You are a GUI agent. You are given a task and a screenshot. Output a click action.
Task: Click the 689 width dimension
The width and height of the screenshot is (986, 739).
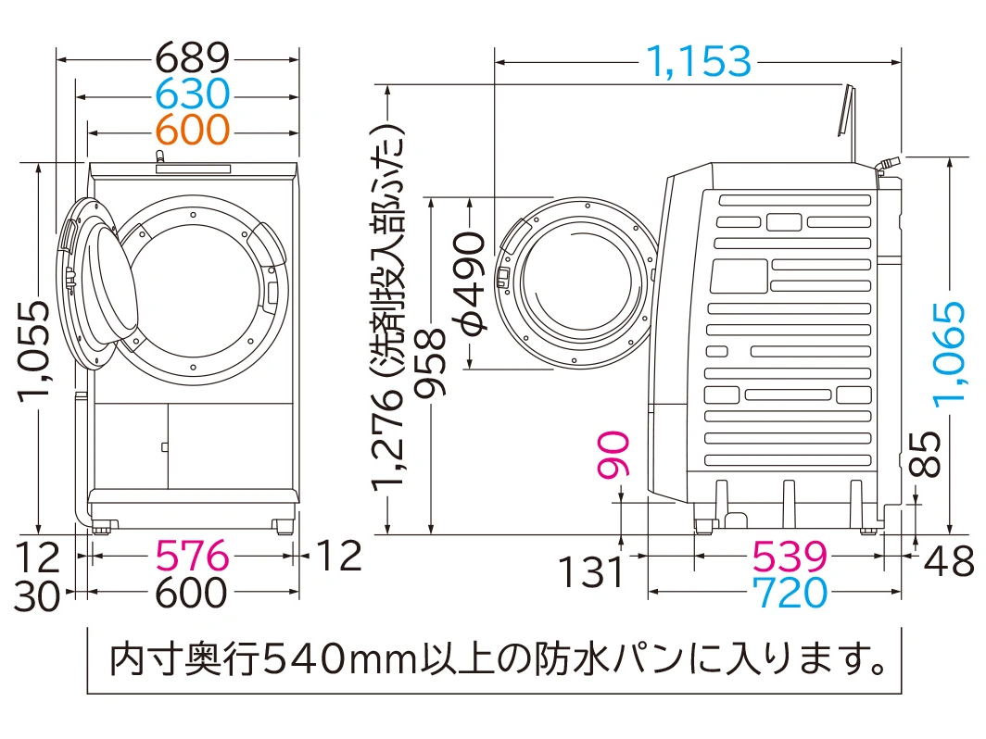coord(193,57)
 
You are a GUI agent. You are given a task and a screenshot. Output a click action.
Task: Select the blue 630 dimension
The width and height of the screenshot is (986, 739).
coord(193,94)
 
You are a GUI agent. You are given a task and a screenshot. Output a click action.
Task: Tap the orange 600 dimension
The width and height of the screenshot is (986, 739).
coord(193,130)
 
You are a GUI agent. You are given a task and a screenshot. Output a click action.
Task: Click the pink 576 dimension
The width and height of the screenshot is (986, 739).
coord(192,556)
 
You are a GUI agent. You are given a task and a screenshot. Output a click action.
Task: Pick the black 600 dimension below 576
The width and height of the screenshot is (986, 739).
coord(191,593)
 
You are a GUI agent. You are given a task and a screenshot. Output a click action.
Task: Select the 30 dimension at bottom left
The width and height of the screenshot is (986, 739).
coord(37,596)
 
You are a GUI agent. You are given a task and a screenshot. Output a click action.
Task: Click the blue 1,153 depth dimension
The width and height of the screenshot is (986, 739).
coord(699,61)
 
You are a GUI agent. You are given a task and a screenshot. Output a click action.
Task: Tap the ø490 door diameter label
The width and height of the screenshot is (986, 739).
coord(471,283)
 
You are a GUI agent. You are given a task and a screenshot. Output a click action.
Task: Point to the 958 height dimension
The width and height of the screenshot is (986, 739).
coord(431,363)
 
